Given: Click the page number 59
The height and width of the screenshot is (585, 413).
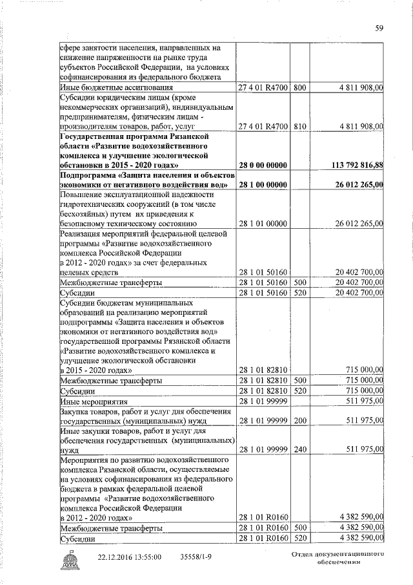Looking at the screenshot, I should (x=380, y=27).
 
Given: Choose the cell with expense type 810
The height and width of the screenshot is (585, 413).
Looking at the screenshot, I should (x=299, y=125).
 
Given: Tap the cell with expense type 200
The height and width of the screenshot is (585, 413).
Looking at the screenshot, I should (x=299, y=421).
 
